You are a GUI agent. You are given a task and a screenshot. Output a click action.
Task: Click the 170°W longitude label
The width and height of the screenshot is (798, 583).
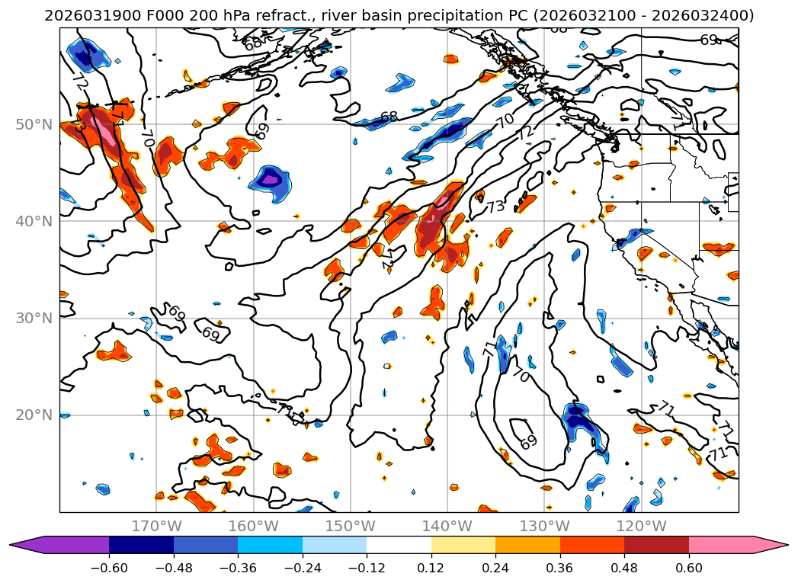(x=156, y=527)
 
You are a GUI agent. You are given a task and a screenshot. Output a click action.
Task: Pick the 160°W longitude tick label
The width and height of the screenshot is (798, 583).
(x=253, y=527)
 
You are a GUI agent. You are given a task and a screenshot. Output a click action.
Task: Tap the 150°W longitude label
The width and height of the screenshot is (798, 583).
(x=350, y=527)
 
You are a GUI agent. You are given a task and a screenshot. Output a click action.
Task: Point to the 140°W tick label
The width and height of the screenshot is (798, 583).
(x=447, y=527)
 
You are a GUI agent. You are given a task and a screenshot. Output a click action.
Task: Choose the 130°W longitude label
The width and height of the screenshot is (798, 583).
(x=544, y=527)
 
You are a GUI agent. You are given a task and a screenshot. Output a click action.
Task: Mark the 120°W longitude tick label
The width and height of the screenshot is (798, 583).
(x=641, y=527)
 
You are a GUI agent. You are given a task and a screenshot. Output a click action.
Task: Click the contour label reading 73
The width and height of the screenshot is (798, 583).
(x=496, y=206)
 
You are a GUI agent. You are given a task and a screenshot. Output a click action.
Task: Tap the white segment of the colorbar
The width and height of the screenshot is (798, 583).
(x=399, y=544)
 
